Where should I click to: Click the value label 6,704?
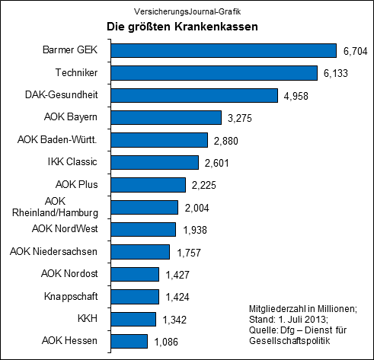354,51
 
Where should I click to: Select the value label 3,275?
235,118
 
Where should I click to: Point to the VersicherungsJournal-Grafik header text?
187,10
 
